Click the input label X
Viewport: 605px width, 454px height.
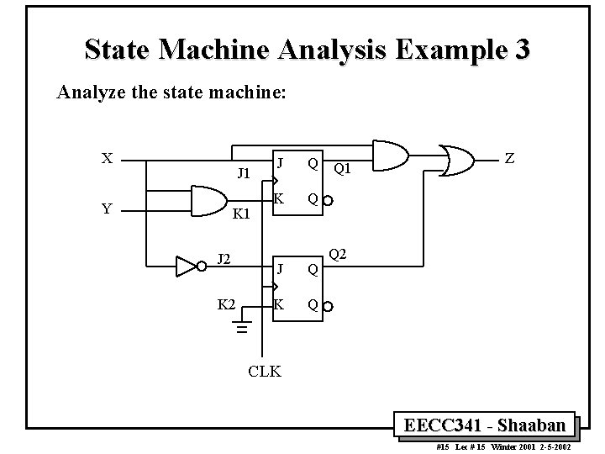[108, 158]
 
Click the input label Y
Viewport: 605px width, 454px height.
[108, 209]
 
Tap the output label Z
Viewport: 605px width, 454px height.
[510, 157]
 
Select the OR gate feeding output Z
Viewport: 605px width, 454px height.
[458, 159]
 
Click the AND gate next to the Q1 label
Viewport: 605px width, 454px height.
[388, 156]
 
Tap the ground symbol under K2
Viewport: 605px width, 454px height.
[243, 329]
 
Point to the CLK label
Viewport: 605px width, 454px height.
[265, 371]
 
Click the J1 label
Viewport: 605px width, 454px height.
[245, 174]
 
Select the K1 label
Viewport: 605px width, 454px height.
[242, 214]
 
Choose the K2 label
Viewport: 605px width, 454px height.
[226, 304]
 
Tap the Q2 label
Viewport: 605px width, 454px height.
[338, 254]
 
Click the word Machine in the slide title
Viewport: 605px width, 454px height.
[217, 50]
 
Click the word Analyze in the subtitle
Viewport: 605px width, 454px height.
[87, 92]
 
